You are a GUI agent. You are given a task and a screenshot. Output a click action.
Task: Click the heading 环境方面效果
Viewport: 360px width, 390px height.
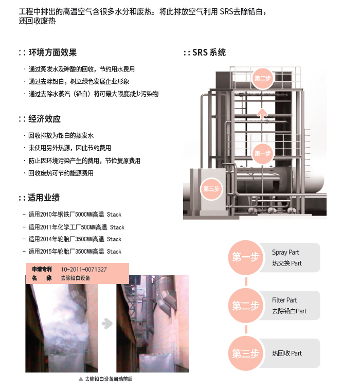52,52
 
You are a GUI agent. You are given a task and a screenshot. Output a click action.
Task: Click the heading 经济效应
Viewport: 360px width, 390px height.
45,119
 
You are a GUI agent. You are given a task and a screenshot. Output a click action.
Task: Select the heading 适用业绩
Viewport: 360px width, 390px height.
44,198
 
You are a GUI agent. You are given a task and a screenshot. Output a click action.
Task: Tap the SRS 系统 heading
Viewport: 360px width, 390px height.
209,52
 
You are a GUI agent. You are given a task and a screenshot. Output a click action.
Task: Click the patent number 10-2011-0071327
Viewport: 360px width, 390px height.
84,270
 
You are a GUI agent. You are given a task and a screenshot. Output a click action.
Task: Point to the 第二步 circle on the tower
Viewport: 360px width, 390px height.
262,78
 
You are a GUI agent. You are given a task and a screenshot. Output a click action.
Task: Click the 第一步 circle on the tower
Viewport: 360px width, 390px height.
262,153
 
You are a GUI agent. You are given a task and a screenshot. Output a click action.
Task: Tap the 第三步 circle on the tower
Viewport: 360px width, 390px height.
211,189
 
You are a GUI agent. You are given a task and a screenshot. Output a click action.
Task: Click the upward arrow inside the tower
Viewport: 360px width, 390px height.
262,114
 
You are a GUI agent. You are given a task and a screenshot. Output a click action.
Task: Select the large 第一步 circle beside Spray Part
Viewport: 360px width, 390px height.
246,257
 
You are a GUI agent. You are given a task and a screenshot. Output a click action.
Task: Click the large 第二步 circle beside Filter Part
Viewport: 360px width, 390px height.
246,306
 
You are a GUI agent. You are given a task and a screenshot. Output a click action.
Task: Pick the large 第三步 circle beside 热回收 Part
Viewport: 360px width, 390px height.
246,353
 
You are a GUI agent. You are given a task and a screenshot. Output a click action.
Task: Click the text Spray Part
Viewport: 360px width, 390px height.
285,252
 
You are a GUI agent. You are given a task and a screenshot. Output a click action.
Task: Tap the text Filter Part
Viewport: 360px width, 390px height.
284,300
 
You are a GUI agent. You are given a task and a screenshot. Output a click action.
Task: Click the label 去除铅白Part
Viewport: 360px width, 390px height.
290,311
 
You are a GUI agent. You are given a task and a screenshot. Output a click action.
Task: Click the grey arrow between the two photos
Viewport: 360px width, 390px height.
107,323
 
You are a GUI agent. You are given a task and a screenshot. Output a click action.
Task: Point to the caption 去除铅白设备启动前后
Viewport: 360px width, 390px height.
109,379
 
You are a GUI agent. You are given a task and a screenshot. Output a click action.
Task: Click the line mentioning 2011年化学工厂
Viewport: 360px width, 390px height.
76,227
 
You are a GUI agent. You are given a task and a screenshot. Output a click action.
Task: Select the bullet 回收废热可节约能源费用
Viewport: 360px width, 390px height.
61,173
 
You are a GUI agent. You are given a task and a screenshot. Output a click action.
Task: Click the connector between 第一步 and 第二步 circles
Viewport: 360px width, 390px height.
246,281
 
